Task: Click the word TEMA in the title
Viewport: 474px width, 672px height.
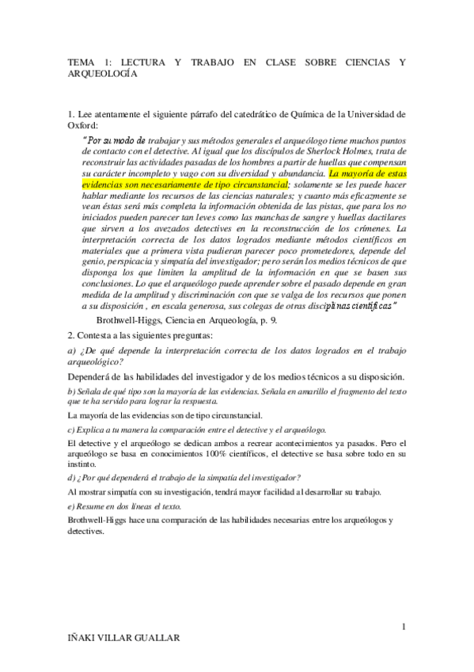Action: (x=81, y=60)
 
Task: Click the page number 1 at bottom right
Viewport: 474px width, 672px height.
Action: (x=404, y=628)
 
